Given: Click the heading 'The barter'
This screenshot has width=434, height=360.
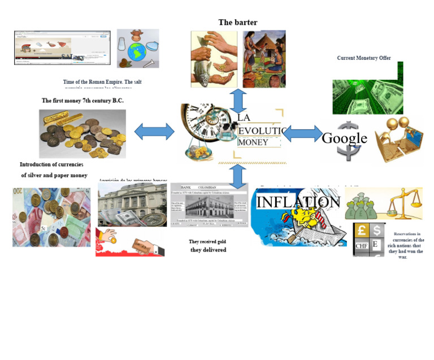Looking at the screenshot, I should (x=238, y=23).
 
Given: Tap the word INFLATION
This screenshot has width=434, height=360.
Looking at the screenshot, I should (x=298, y=202).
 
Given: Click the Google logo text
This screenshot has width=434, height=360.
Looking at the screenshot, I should (x=344, y=138).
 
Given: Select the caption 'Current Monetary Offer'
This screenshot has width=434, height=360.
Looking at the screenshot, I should (x=364, y=58).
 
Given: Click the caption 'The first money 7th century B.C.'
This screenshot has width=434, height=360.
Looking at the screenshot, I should (x=83, y=101).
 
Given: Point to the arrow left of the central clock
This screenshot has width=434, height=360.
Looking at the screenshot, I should (x=154, y=132).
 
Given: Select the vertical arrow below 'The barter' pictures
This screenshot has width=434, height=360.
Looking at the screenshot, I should (x=238, y=100).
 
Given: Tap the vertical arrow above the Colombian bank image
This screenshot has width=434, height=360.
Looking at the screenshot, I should (x=238, y=176).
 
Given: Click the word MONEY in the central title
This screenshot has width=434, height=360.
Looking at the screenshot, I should (x=253, y=142).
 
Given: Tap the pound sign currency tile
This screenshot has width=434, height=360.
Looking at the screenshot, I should (x=361, y=231).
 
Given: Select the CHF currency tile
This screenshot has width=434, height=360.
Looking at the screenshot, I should (x=361, y=246).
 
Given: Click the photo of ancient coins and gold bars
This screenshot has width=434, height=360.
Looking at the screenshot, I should (x=83, y=134).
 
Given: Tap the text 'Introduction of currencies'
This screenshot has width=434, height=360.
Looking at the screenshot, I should (x=51, y=164).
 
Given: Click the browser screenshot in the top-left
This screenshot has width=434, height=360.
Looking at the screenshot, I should (x=62, y=48).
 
